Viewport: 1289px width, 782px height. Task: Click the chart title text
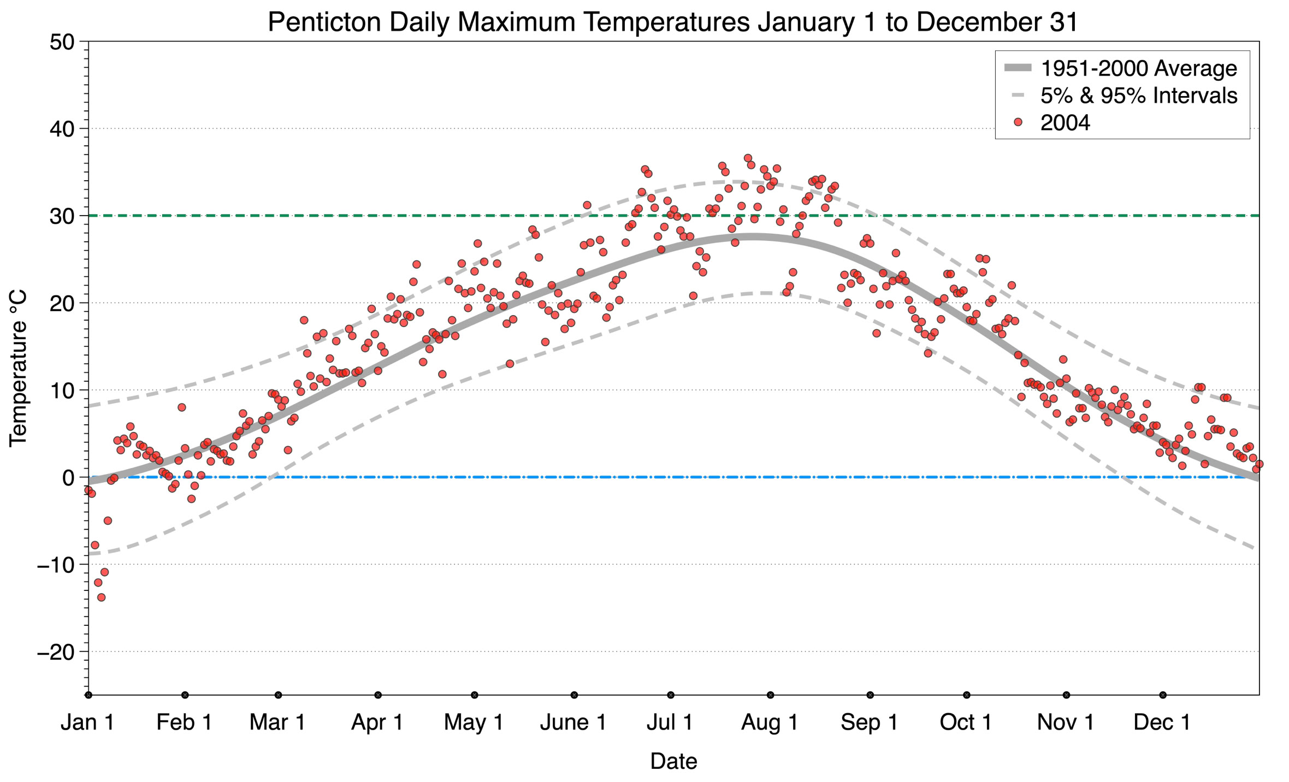click(673, 22)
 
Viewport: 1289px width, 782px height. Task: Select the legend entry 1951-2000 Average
click(1138, 68)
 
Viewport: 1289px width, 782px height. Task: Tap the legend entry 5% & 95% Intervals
click(1138, 96)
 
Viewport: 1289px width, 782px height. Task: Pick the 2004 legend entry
click(1065, 123)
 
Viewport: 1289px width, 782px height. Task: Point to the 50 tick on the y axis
click(62, 42)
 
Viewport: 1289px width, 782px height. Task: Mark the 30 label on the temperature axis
click(62, 216)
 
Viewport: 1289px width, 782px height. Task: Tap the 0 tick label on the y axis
click(68, 478)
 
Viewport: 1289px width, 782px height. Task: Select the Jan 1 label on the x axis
click(87, 722)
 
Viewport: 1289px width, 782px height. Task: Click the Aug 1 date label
click(770, 722)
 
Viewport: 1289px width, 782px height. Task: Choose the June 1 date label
click(573, 722)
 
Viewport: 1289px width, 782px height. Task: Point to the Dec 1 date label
click(1162, 722)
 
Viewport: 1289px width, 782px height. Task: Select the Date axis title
click(673, 761)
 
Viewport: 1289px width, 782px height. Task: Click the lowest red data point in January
click(101, 597)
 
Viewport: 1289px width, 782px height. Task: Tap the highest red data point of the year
click(748, 158)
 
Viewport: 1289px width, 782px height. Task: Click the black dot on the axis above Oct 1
click(967, 695)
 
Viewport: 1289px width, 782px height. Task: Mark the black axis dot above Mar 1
click(279, 695)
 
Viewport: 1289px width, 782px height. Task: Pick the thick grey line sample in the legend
click(1018, 68)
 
